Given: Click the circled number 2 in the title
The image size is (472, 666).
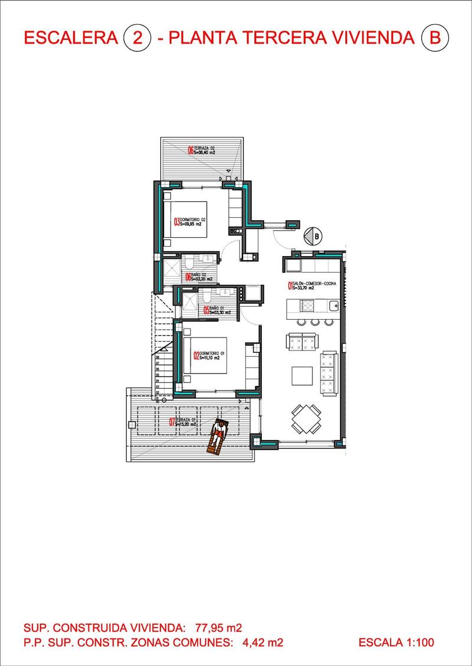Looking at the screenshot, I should tap(137, 38).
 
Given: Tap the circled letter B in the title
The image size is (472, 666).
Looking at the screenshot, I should tap(435, 38).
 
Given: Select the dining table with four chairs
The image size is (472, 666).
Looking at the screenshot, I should tap(306, 419).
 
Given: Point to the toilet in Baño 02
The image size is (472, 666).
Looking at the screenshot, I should tap(188, 260).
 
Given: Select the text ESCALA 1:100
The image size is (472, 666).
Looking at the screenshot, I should tap(396, 642).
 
